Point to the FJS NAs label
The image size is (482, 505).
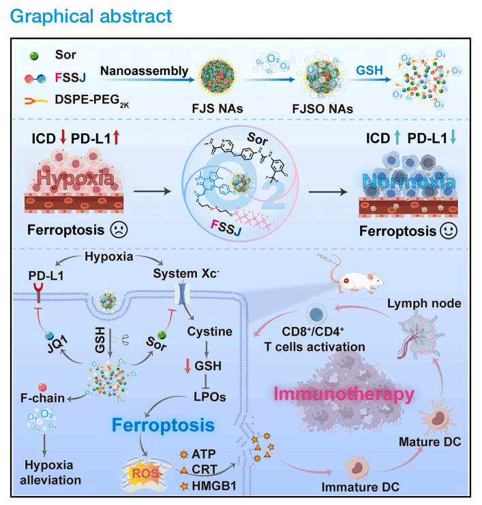[x=216, y=107]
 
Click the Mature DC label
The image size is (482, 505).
[x=426, y=443]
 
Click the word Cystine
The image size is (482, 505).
[x=209, y=330]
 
